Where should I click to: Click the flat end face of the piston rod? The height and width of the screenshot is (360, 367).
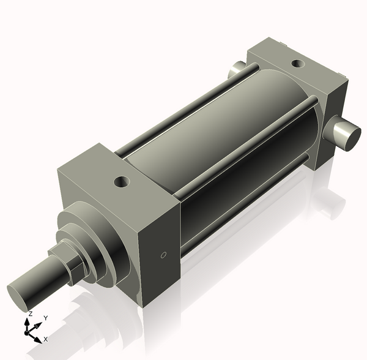(x=22, y=295)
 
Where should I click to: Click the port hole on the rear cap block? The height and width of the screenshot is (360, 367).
(x=297, y=63)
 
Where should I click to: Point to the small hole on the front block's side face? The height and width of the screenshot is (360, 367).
(x=163, y=255)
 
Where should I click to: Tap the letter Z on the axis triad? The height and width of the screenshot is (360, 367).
(x=30, y=313)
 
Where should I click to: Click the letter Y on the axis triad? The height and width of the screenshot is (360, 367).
(x=45, y=318)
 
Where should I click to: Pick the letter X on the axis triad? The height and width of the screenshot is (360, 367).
(x=46, y=339)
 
